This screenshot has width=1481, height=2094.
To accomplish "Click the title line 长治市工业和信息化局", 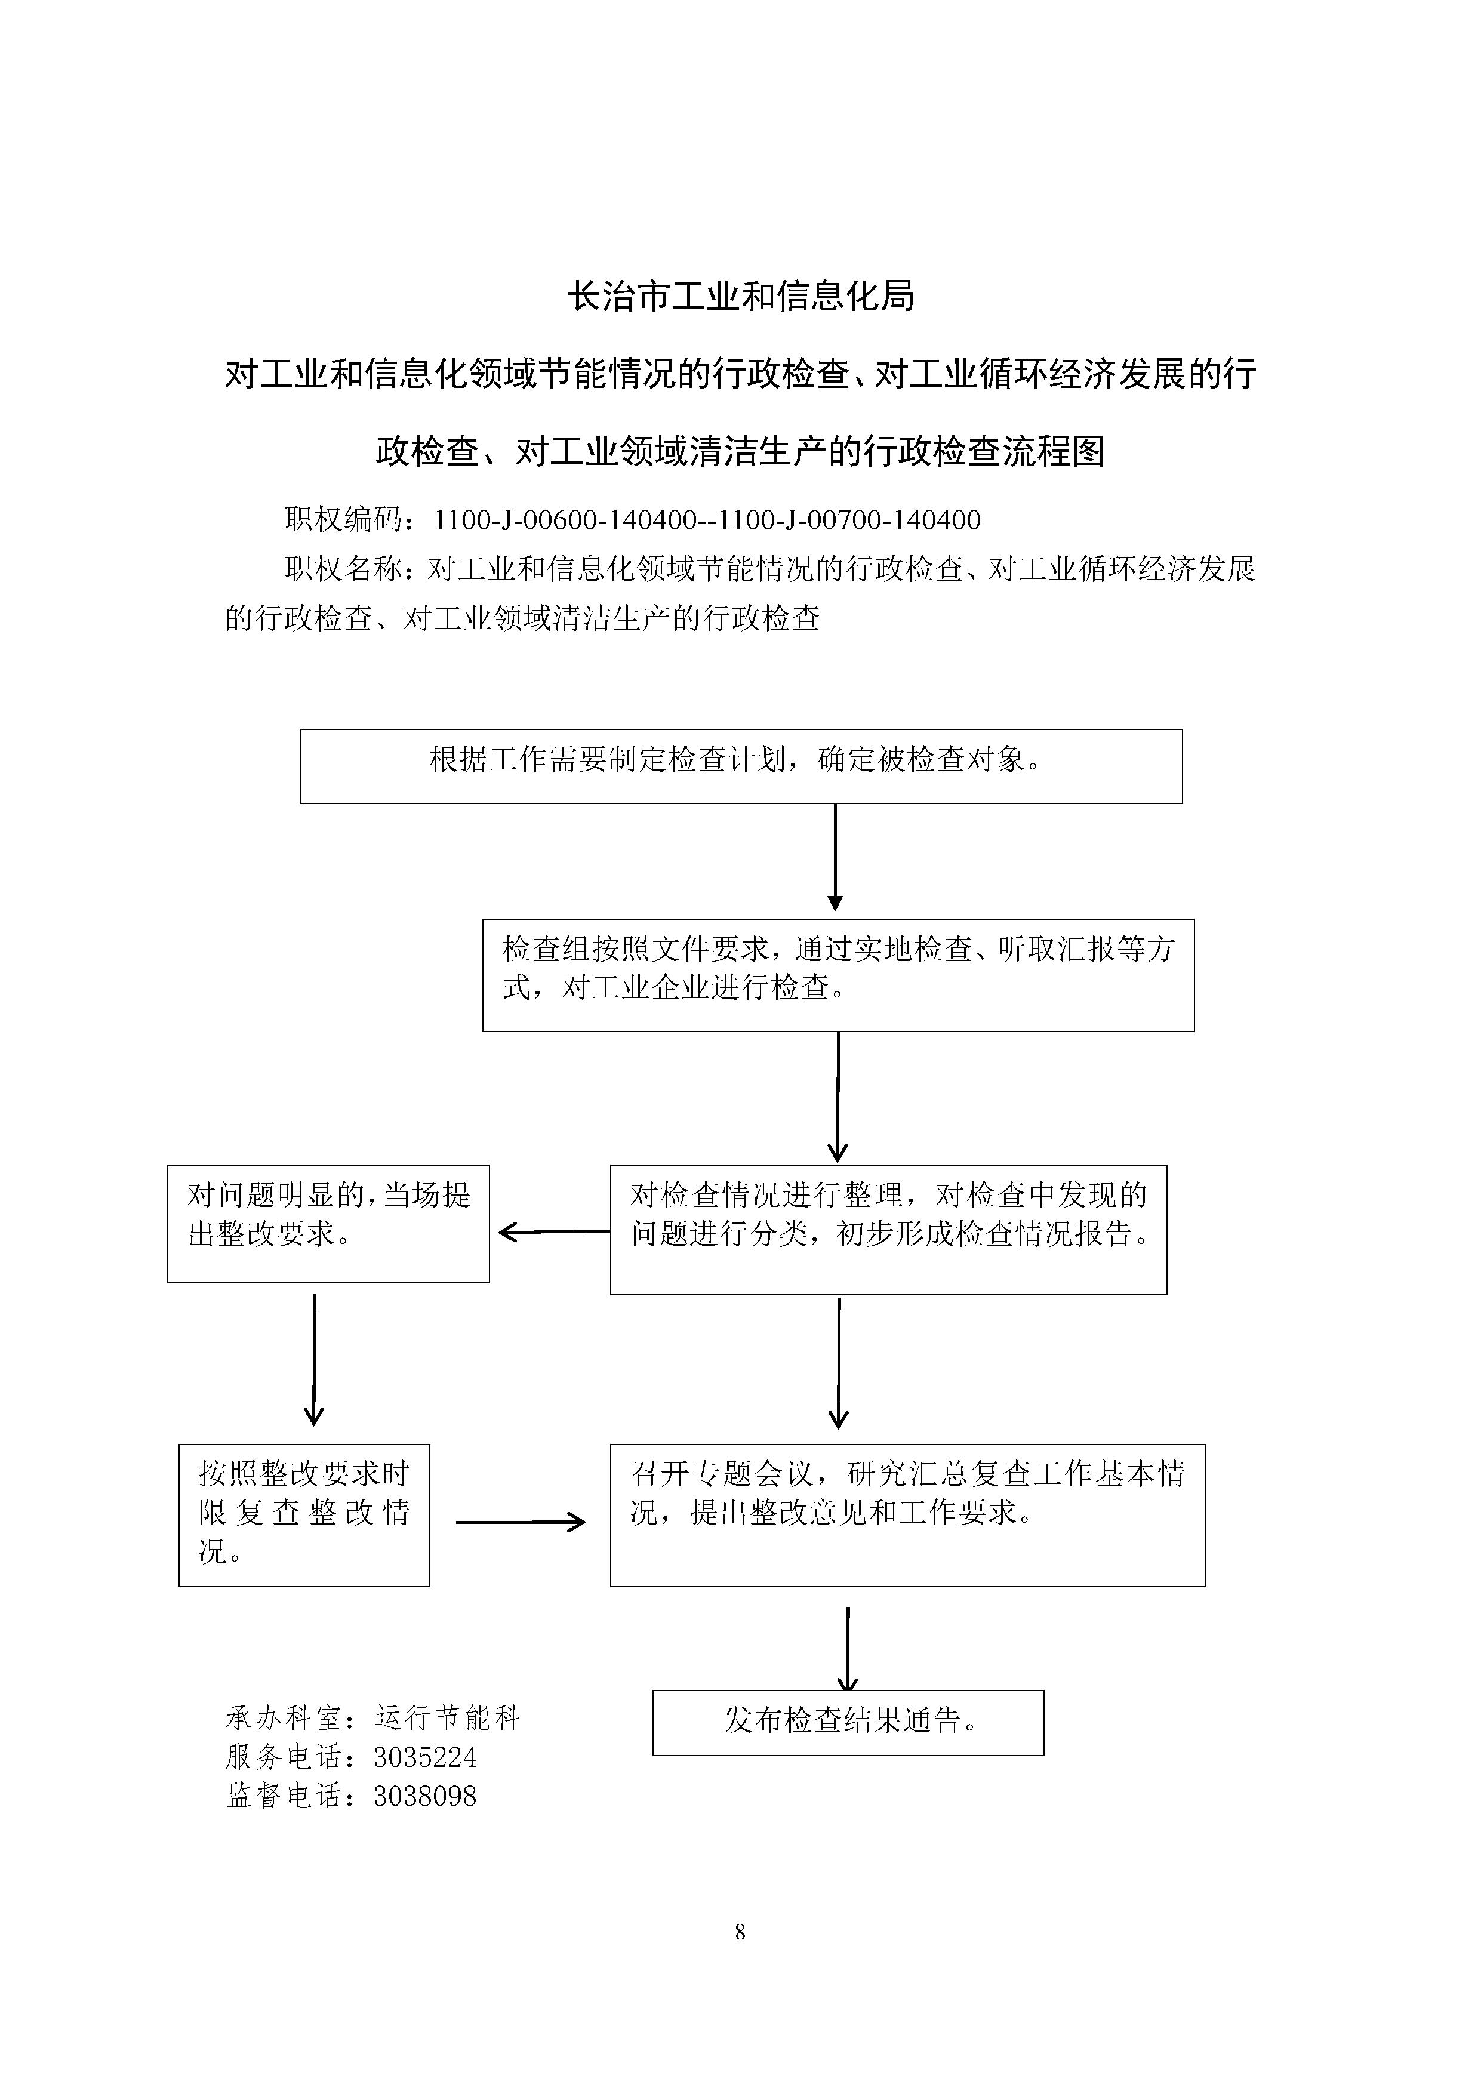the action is coord(740,297).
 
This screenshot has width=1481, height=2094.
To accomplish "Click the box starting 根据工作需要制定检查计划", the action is coord(741,766).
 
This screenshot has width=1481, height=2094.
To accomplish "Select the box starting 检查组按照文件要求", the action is coord(838,975).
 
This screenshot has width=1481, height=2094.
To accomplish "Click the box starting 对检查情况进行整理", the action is coord(888,1230).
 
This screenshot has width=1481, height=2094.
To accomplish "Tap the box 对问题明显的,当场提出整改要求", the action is coord(328,1224).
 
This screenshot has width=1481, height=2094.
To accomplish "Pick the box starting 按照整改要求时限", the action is coord(304,1516).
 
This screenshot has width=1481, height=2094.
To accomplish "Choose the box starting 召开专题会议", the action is coord(907,1516).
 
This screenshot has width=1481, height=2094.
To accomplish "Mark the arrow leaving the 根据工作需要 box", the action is coord(835,857).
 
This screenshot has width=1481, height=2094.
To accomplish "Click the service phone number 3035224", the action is coord(425,1757).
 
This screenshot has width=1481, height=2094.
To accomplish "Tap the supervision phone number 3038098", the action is coord(425,1796).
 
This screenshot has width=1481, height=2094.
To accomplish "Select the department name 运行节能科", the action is coord(447,1719).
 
